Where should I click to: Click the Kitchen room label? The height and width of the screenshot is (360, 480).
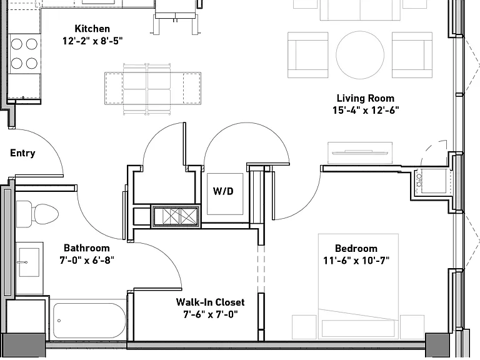(92, 29)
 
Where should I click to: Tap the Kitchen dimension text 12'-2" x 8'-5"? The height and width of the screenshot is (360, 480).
(92, 41)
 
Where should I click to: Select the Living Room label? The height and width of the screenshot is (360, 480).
(366, 98)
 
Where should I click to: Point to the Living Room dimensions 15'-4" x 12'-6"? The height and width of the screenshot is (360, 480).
(366, 110)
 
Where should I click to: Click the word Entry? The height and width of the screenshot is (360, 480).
(22, 153)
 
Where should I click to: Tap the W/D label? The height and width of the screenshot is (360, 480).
(223, 191)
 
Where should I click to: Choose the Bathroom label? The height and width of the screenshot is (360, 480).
(87, 248)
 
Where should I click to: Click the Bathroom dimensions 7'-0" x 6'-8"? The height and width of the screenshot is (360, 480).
(87, 261)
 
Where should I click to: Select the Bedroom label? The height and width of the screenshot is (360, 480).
(356, 248)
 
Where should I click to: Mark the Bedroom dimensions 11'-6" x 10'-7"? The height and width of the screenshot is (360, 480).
(356, 261)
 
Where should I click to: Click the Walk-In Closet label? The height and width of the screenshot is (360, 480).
(210, 302)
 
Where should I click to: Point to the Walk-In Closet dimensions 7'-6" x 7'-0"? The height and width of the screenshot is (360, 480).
(210, 314)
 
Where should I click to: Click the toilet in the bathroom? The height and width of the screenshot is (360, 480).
(37, 214)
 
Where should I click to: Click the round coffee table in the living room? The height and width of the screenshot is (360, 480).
(360, 55)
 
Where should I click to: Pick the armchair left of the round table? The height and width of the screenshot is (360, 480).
(307, 55)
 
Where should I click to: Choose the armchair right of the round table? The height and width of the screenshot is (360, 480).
(412, 55)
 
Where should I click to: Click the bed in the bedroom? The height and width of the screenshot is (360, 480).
(358, 286)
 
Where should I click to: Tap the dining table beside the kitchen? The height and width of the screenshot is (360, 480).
(152, 89)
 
